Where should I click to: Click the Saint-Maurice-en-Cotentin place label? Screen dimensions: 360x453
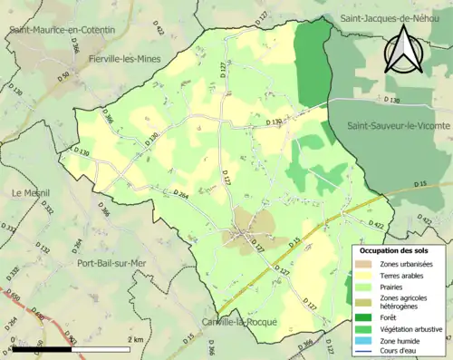tap(62, 30)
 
